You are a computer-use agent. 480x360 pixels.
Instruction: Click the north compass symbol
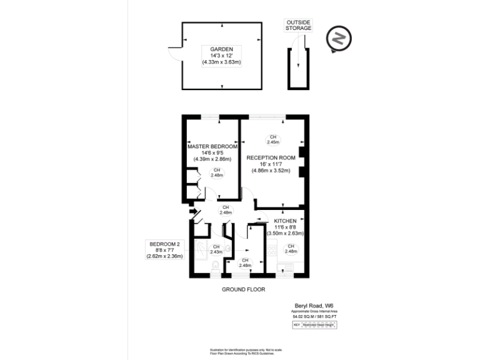click(339, 39)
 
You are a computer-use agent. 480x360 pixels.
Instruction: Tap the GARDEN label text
click(222, 49)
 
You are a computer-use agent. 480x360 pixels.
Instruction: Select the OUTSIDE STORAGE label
click(298, 25)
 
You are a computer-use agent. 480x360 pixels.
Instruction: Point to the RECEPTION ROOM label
click(270, 157)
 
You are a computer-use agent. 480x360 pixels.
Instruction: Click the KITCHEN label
click(285, 221)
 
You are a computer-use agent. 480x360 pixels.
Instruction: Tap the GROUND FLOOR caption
click(244, 290)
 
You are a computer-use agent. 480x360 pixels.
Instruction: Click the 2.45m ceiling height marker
click(272, 139)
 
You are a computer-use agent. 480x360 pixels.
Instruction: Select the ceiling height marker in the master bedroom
click(216, 172)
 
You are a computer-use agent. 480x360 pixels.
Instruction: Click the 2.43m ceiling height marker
click(216, 249)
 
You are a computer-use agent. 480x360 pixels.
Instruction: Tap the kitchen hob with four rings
click(272, 250)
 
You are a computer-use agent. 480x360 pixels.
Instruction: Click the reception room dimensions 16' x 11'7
click(270, 164)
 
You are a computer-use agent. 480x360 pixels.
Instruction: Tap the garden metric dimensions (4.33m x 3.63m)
click(222, 62)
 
